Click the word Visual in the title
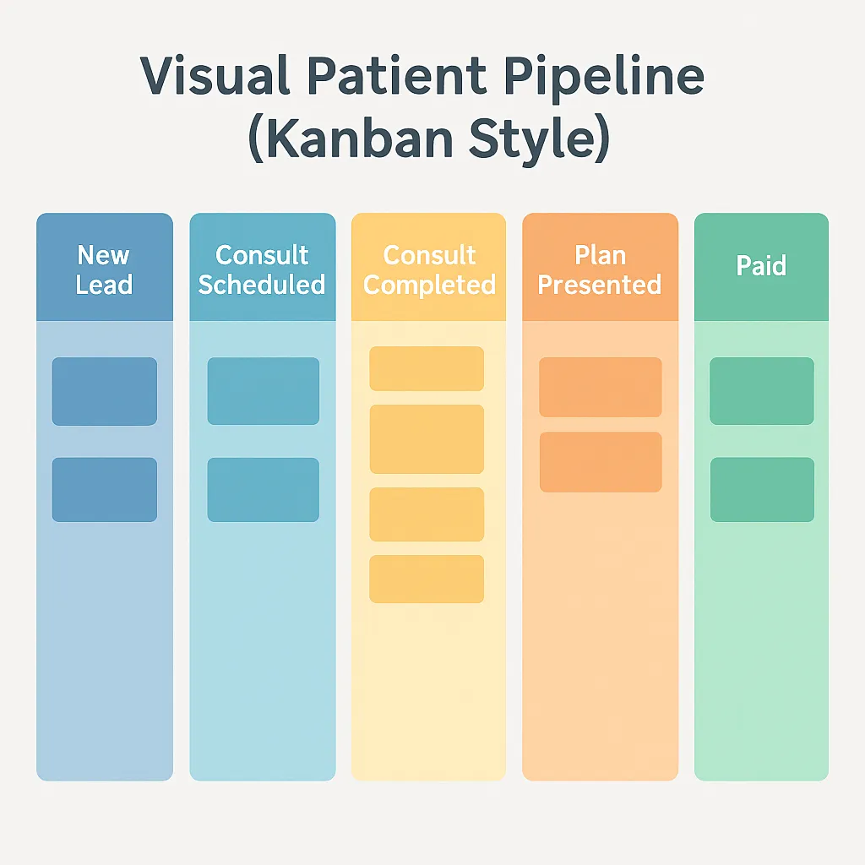[215, 75]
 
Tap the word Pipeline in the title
[604, 77]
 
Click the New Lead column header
[105, 267]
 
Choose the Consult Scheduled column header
[263, 267]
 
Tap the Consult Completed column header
[428, 267]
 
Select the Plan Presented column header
[601, 267]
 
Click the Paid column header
[761, 267]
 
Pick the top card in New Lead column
[105, 392]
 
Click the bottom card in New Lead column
[105, 490]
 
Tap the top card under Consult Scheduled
[264, 391]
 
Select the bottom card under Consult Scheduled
[264, 490]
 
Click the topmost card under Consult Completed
[427, 368]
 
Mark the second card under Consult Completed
[427, 439]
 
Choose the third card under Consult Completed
[427, 514]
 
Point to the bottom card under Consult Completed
[427, 579]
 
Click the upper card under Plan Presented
[601, 387]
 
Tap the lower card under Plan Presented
[601, 462]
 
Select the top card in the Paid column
[762, 391]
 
